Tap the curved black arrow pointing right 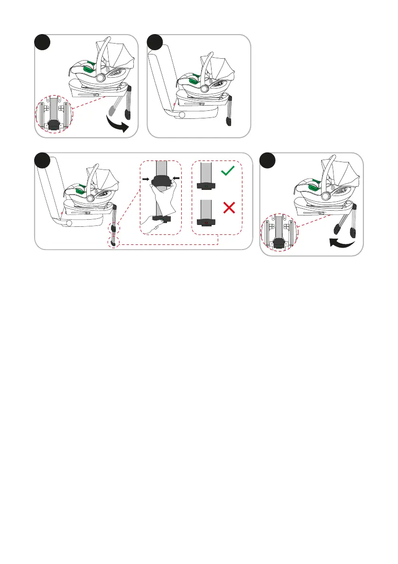[x=118, y=125]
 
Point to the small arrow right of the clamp [x=176, y=178]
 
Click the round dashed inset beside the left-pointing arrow [x=279, y=233]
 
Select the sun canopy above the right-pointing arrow [x=119, y=62]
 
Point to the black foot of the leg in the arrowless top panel [x=229, y=121]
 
